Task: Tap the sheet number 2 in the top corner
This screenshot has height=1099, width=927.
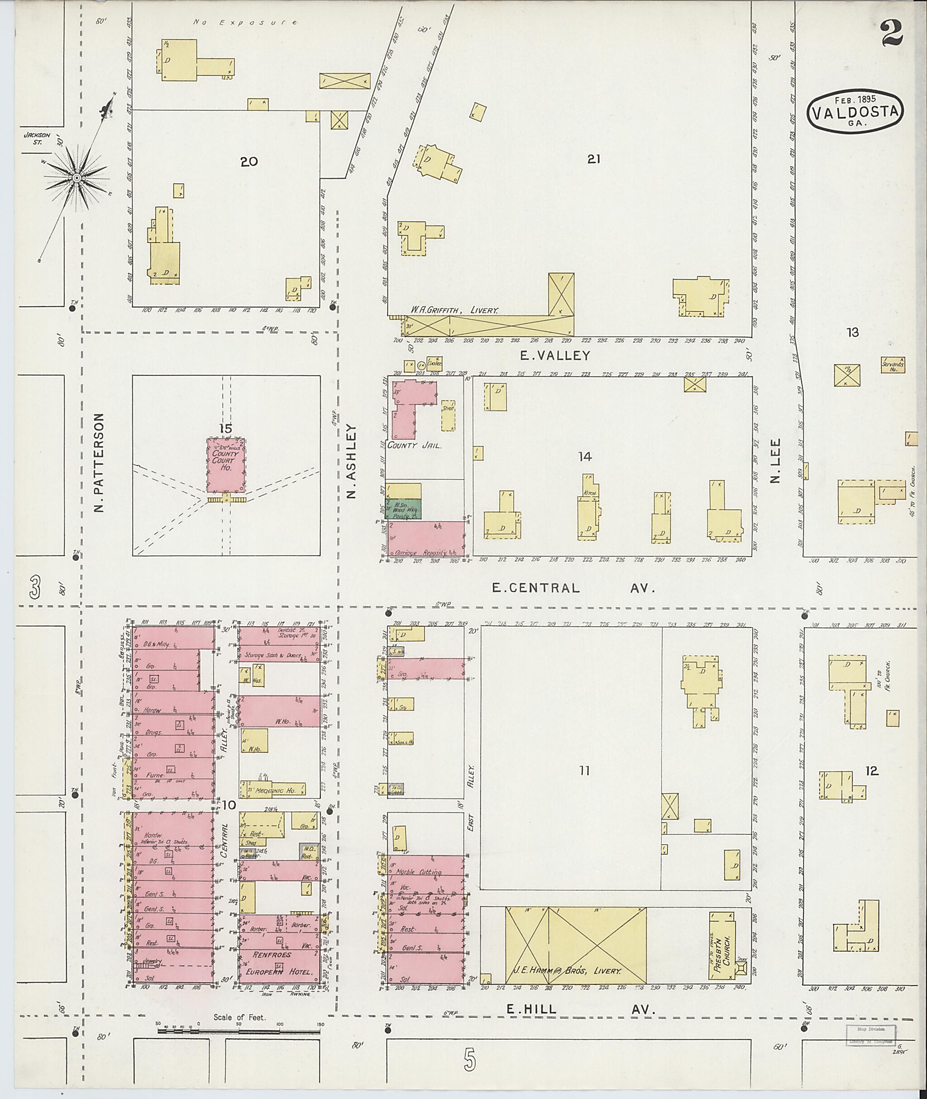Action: coord(891,33)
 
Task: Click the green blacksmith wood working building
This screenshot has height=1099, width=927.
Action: coord(405,509)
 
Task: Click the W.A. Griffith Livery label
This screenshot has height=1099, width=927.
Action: coord(454,310)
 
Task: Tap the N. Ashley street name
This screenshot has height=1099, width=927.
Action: coord(352,461)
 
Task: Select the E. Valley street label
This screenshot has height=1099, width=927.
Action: coord(555,356)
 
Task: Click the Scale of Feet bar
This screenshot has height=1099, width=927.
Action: coord(239,1031)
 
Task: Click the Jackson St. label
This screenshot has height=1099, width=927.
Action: coord(37,138)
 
